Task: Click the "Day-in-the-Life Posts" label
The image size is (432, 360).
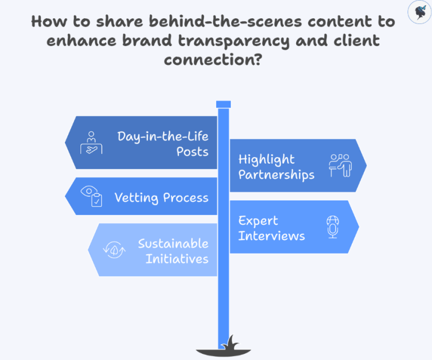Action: coord(163,143)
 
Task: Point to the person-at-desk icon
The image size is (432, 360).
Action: coord(92,143)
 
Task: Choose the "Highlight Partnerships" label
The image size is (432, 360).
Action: coord(276,167)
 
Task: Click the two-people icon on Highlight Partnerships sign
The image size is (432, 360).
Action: coord(340,165)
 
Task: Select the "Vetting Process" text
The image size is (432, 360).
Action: coord(161,197)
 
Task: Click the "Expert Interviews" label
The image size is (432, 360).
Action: coord(271,227)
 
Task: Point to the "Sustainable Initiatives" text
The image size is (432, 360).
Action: coord(173,251)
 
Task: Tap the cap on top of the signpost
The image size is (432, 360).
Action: coord(223,104)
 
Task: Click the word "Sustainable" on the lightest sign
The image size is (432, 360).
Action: coord(173,243)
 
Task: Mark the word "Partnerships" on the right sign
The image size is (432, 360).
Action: coord(276,174)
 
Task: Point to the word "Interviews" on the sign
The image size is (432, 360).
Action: coord(271,235)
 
